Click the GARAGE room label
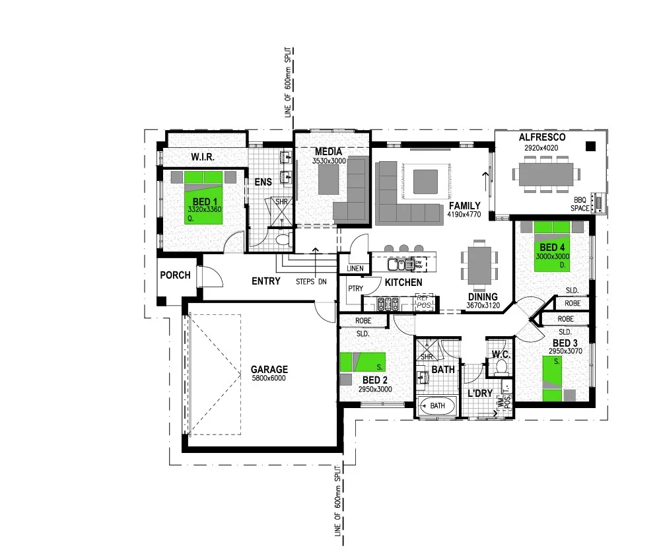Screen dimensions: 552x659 point(269,370)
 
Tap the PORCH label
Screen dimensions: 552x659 point(176,275)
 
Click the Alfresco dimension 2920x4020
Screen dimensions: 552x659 point(541,148)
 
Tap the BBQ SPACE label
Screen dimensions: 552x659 point(580,203)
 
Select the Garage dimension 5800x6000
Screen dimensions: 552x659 point(269,379)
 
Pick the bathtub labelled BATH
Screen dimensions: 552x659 point(437,405)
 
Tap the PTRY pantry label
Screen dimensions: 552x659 point(356,289)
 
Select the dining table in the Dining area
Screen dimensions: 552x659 point(479,263)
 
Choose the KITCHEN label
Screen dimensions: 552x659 point(403,283)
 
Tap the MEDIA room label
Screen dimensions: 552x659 point(328,152)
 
